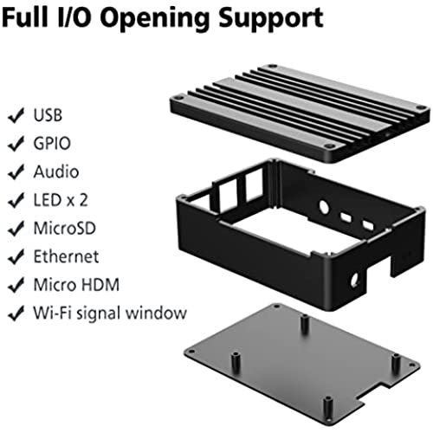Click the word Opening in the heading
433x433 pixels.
click(154, 19)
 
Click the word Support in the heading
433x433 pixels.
click(270, 19)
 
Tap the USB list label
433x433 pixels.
click(48, 115)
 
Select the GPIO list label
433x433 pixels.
click(52, 143)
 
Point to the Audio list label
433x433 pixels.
click(56, 171)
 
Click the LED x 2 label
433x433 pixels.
click(61, 200)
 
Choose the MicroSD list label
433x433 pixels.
click(65, 228)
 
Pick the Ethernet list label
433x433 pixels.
click(66, 256)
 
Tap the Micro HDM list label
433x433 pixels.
click(76, 285)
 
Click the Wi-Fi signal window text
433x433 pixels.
click(110, 313)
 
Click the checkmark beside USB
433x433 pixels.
click(16, 115)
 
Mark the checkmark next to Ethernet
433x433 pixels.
click(16, 257)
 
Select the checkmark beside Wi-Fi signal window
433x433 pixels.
click(16, 313)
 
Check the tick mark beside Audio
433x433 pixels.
click(16, 172)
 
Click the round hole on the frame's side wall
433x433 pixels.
click(324, 207)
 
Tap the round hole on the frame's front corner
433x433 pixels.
click(354, 280)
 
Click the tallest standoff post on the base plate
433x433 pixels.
click(305, 324)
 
